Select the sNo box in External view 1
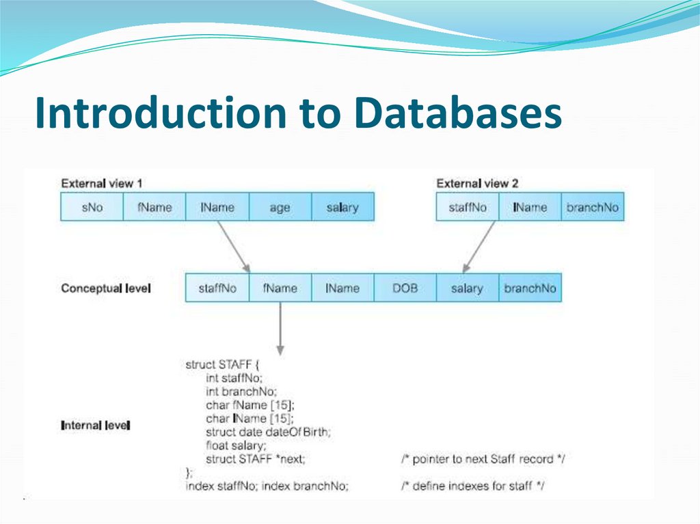tap(92, 207)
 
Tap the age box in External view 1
tap(280, 207)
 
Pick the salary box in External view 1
tap(342, 207)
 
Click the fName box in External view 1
tap(154, 207)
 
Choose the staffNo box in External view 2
tap(468, 207)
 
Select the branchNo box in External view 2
tap(593, 207)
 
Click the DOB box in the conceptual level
tap(405, 288)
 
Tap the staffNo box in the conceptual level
tap(217, 288)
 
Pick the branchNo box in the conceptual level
tap(530, 288)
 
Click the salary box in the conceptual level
tap(467, 288)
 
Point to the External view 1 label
tap(102, 184)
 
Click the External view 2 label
tap(477, 184)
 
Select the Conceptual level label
tap(106, 288)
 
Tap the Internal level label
tap(96, 426)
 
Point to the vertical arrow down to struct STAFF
tap(280, 328)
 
